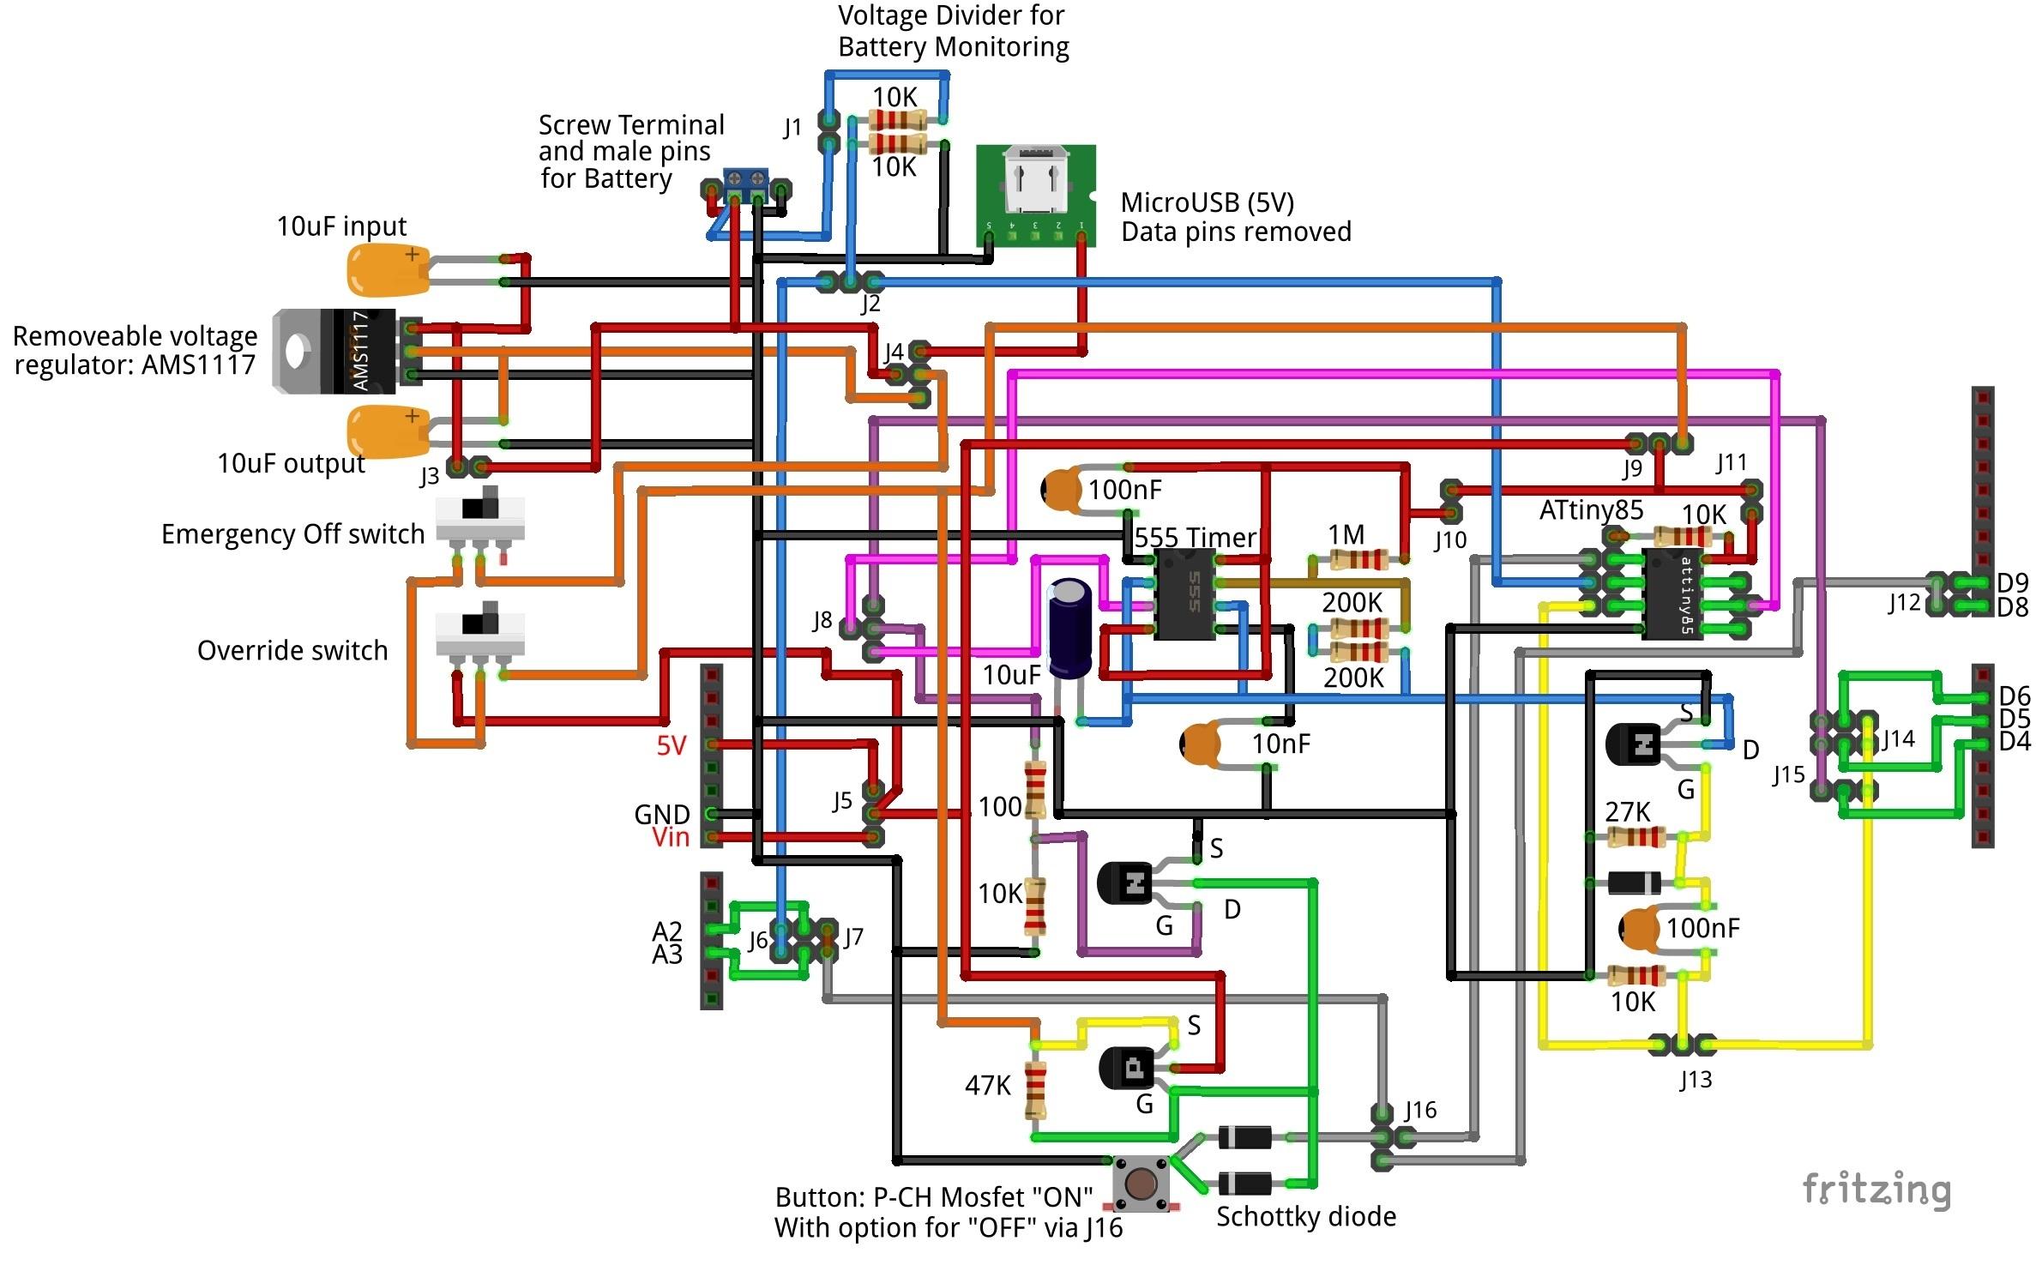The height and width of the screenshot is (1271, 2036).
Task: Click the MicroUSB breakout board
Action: click(x=1035, y=196)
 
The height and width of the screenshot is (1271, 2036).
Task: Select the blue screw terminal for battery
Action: click(x=745, y=182)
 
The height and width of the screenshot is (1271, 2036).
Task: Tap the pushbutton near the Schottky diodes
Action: click(x=1140, y=1184)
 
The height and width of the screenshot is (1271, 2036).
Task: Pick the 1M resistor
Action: click(x=1358, y=560)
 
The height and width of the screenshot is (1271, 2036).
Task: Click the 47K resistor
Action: click(x=1036, y=1090)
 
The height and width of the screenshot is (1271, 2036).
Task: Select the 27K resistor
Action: click(x=1635, y=837)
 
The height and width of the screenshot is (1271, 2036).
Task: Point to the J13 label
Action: click(x=1696, y=1079)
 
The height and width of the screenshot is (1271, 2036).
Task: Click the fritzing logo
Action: click(x=1876, y=1190)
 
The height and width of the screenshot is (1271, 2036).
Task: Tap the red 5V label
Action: click(x=672, y=745)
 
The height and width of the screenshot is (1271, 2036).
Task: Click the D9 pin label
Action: click(x=2012, y=583)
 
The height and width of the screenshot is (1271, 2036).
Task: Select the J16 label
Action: click(x=1420, y=1110)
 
